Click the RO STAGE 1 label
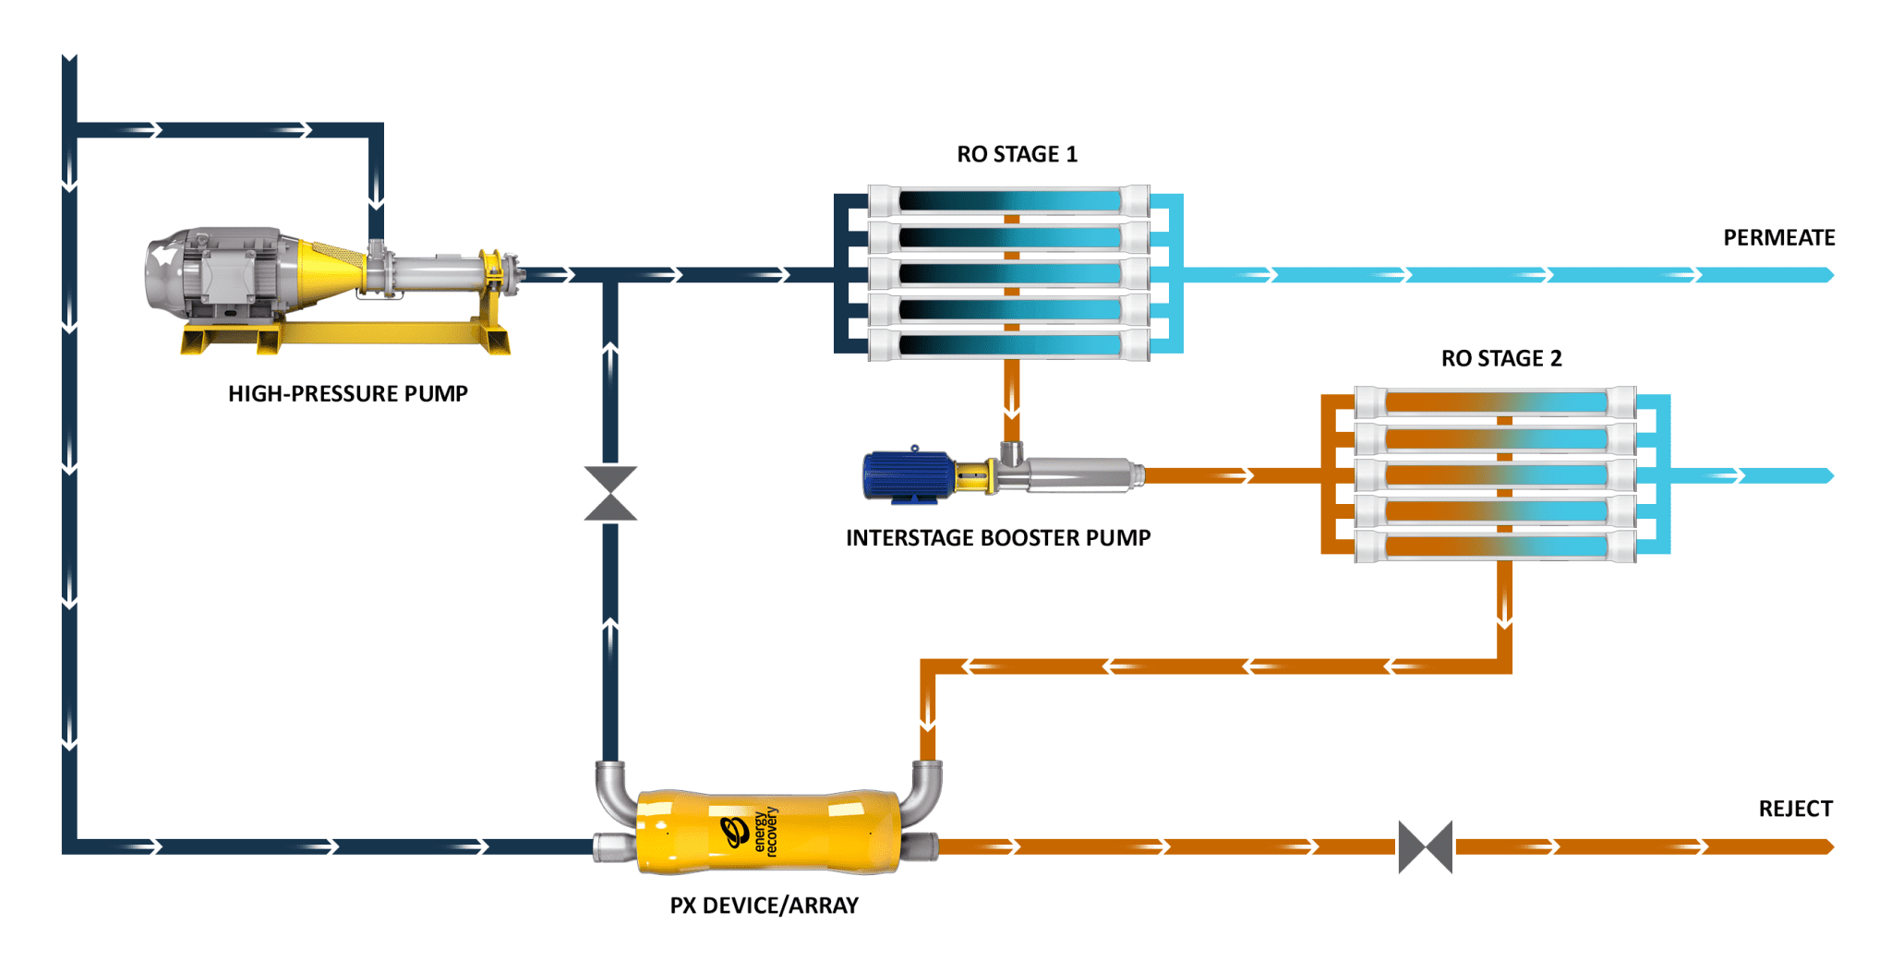1017,154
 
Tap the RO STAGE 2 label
1501,358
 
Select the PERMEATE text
1778,238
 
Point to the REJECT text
1795,809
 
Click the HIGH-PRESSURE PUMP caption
348,394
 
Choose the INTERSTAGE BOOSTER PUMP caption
998,538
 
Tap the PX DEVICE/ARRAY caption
764,906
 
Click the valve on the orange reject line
1425,846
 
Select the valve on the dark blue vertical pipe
610,494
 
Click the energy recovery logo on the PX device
748,831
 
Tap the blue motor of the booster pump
907,475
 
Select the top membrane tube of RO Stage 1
1009,201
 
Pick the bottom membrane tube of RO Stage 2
1495,546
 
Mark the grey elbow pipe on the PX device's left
612,790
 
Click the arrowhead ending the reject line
1828,846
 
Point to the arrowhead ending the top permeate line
1828,275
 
